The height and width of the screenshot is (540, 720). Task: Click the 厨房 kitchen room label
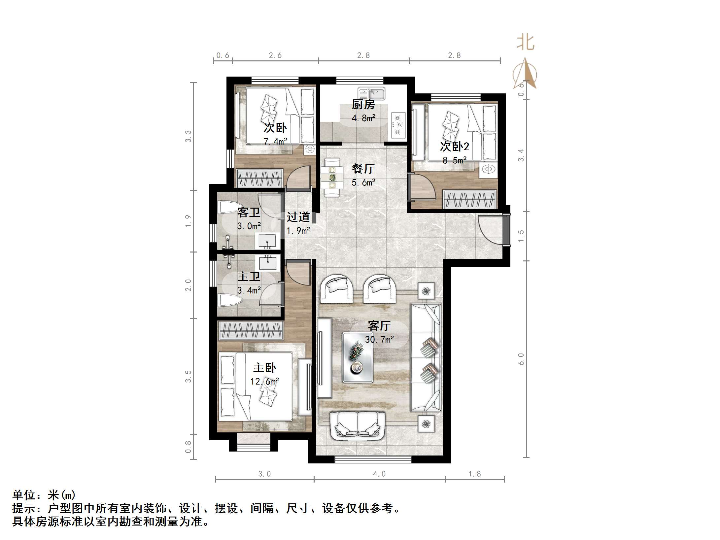pyautogui.click(x=363, y=105)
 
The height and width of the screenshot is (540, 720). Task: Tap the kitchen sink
pyautogui.click(x=372, y=94)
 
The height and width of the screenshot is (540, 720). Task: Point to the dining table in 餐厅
pyautogui.click(x=332, y=177)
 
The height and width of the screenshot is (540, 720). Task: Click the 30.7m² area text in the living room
pyautogui.click(x=379, y=339)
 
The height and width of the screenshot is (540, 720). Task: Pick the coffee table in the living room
pyautogui.click(x=358, y=357)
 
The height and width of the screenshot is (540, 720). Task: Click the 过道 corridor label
pyautogui.click(x=298, y=217)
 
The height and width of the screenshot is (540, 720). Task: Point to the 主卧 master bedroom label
pyautogui.click(x=264, y=368)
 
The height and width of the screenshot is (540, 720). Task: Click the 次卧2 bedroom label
pyautogui.click(x=454, y=147)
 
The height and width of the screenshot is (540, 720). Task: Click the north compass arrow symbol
pyautogui.click(x=525, y=74)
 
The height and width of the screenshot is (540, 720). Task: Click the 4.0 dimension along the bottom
pyautogui.click(x=379, y=474)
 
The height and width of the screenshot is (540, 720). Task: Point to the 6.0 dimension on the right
pyautogui.click(x=521, y=359)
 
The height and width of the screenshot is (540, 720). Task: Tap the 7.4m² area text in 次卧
pyautogui.click(x=275, y=142)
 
